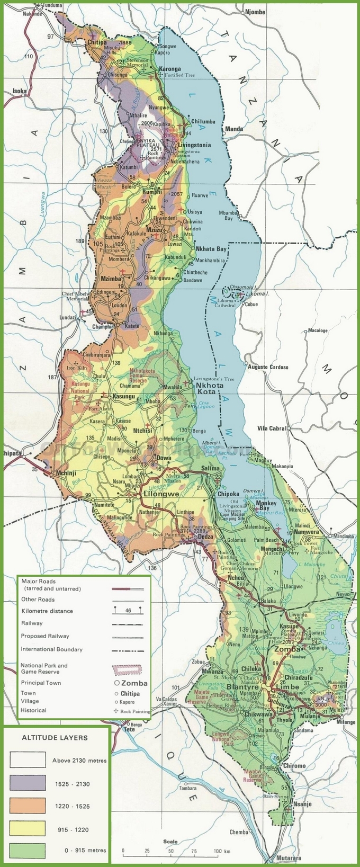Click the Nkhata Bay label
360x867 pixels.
tap(211, 249)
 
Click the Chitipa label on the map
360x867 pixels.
tap(97, 42)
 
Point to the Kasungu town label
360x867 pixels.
tap(123, 396)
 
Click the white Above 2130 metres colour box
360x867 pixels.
tap(28, 760)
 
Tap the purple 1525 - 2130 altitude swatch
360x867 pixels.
tap(28, 783)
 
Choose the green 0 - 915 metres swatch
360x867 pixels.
tap(28, 850)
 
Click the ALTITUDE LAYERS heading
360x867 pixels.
tap(55, 737)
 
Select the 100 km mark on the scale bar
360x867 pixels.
tap(217, 852)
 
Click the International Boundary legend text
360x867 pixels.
tap(52, 649)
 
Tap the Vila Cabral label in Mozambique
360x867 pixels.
tap(272, 428)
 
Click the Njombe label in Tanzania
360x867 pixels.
tap(255, 12)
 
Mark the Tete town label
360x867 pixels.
tap(129, 729)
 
